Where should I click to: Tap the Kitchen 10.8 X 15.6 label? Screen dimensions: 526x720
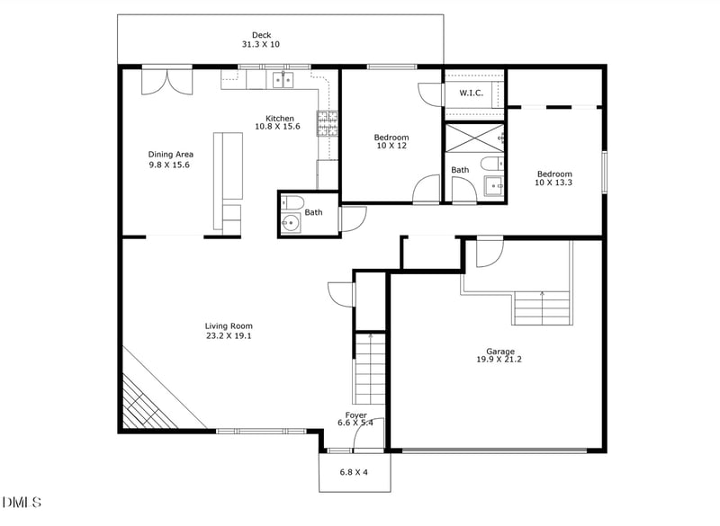click(x=280, y=122)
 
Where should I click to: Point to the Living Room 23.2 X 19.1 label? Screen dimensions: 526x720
click(x=229, y=331)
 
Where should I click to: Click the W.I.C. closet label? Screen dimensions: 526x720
click(x=472, y=94)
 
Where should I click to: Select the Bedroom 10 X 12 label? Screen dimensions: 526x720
click(x=391, y=141)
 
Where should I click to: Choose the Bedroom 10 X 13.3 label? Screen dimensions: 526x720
click(x=554, y=178)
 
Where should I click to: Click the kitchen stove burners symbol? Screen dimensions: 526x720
click(x=326, y=122)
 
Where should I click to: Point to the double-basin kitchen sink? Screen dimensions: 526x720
click(x=283, y=82)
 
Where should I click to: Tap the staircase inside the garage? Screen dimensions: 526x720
click(x=542, y=308)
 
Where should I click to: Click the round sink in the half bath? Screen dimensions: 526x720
click(x=291, y=223)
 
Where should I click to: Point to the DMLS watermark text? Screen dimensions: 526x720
click(x=22, y=501)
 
